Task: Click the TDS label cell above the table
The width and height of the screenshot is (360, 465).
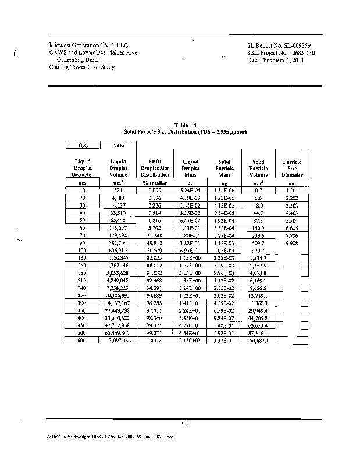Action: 82,145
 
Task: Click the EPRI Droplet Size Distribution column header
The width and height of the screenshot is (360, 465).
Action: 155,168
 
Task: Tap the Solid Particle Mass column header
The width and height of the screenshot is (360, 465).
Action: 224,168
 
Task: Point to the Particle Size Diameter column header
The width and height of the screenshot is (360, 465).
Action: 292,168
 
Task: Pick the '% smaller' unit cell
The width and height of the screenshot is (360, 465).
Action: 155,183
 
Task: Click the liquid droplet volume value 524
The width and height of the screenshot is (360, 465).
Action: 117,190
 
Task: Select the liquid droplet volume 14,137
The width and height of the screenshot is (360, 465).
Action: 117,205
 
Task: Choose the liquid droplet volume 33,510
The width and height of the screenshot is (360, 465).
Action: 117,213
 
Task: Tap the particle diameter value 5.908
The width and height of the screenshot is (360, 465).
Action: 292,243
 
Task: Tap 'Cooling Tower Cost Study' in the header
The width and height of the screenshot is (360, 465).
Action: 82,67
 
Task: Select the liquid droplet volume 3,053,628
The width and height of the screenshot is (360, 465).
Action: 117,273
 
